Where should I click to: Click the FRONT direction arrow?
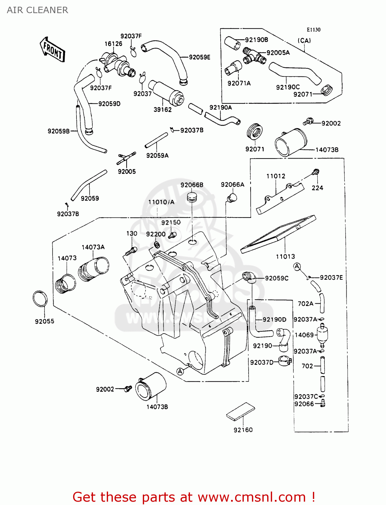(52, 50)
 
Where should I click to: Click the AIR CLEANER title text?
(37, 10)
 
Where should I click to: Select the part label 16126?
(113, 44)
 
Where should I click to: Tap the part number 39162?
(162, 109)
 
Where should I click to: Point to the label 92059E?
(199, 57)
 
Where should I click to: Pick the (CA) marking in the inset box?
(304, 40)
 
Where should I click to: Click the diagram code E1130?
(313, 30)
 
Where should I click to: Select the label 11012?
(276, 176)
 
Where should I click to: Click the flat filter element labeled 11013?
(278, 234)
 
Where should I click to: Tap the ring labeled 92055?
(40, 299)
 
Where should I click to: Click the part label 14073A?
(93, 247)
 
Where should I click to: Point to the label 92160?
(243, 430)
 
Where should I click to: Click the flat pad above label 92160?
(240, 411)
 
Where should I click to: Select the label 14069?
(304, 335)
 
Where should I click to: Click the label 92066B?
(192, 185)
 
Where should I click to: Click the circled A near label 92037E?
(297, 267)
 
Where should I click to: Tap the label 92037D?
(262, 362)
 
